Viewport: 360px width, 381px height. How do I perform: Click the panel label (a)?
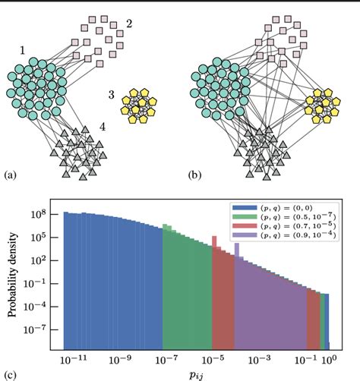point(10,176)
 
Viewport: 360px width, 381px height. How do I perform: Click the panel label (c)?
point(10,373)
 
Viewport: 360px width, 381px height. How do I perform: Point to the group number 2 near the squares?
point(129,24)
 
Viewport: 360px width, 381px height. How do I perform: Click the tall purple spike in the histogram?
point(237,250)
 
